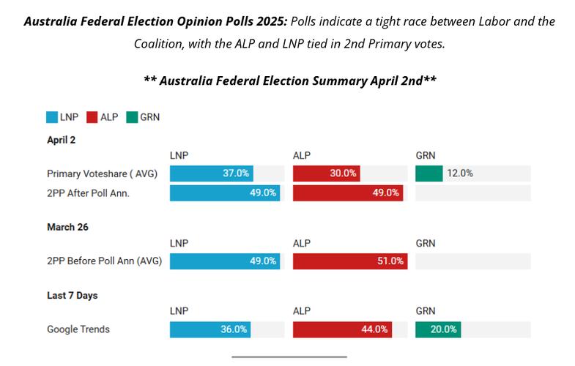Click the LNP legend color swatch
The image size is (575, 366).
point(53,116)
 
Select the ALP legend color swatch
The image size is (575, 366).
point(93,116)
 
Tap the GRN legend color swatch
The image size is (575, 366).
point(133,116)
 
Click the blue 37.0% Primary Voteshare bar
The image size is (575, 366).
point(212,173)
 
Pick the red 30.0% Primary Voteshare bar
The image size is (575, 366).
point(326,173)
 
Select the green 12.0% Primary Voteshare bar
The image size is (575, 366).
point(429,173)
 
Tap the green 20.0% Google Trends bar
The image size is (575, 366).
point(438,329)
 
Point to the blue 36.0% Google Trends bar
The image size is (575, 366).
point(210,329)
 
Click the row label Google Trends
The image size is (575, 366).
point(78,329)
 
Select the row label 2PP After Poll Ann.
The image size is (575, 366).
point(93,193)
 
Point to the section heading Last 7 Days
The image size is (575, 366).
point(73,295)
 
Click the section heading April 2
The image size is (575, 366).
point(62,139)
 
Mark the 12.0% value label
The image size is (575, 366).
point(460,173)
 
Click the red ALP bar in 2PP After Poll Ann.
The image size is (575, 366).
point(348,193)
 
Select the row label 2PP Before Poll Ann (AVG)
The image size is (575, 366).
point(104,261)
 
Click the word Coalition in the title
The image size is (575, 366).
point(160,44)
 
